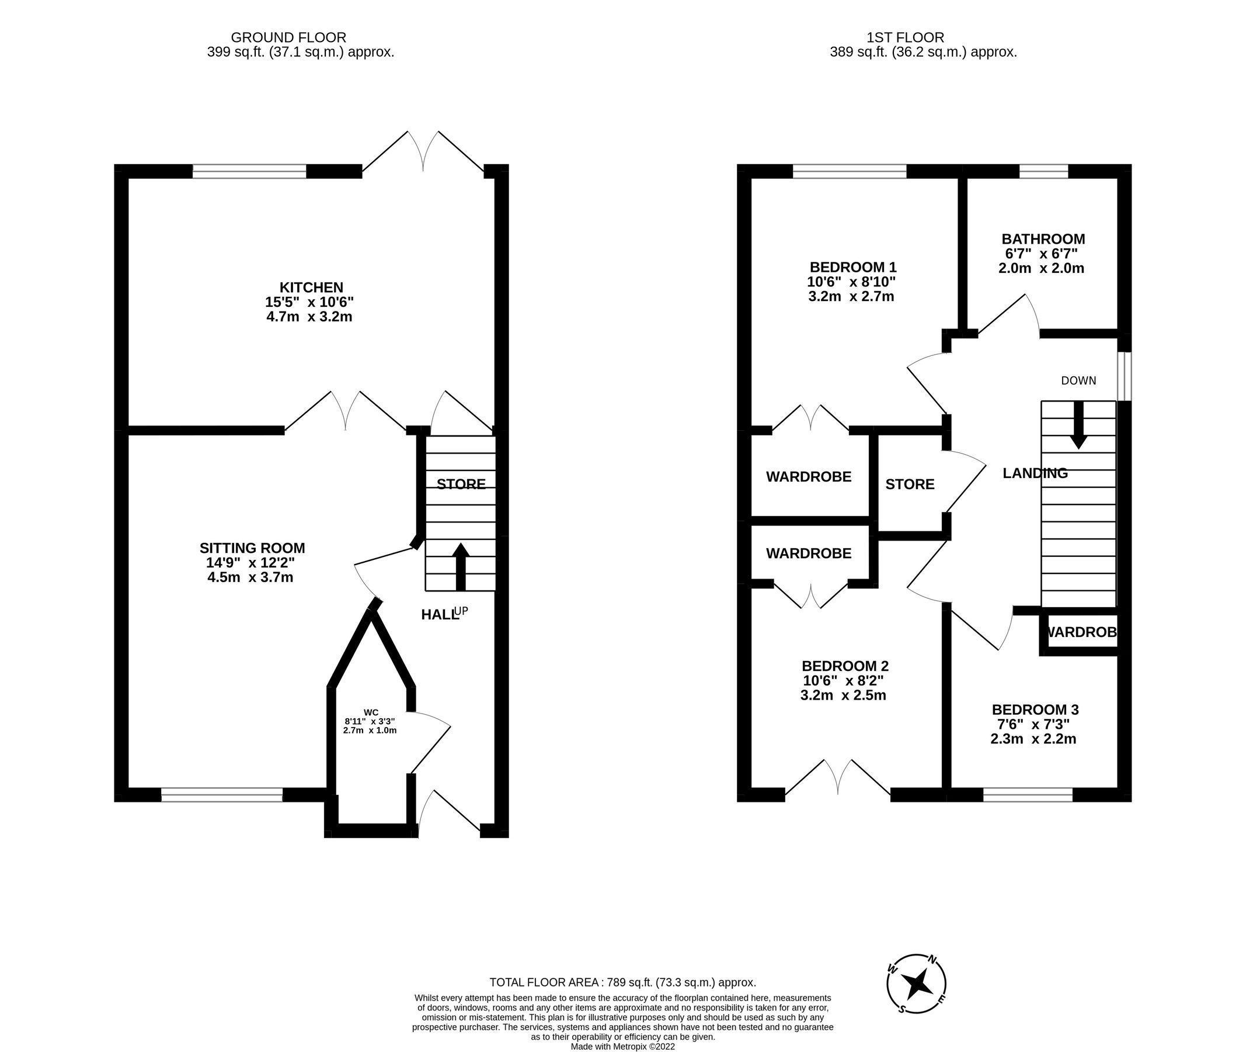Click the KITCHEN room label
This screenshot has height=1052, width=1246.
(x=311, y=288)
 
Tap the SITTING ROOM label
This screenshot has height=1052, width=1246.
(x=252, y=548)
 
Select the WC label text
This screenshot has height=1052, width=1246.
(x=371, y=712)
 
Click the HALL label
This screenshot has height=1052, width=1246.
(x=440, y=615)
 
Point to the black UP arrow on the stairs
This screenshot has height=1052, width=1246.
(x=460, y=566)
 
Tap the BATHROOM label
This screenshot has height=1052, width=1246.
(x=1043, y=239)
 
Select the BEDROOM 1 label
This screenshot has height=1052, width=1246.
(x=852, y=267)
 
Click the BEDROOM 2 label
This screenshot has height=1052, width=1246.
(x=845, y=666)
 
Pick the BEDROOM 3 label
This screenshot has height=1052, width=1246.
(x=1035, y=710)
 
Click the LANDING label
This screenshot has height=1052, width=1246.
(x=1035, y=473)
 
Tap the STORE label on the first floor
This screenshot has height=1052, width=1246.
(x=909, y=485)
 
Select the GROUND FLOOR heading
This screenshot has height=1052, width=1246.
(x=288, y=38)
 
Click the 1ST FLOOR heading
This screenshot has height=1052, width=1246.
(x=905, y=38)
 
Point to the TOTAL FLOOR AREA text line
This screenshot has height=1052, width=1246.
(x=622, y=982)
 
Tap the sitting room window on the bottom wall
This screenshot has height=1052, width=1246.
(x=222, y=794)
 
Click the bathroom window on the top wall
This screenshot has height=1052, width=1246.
(x=1043, y=171)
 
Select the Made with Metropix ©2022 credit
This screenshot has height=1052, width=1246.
(x=622, y=1046)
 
